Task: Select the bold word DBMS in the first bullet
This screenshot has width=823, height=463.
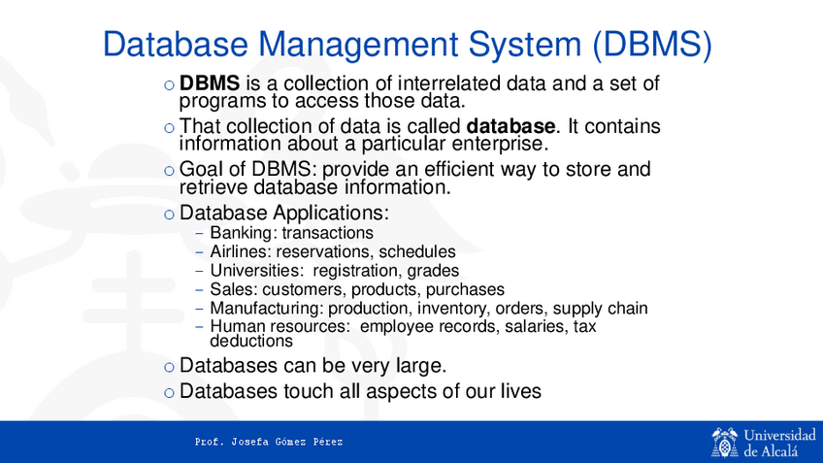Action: pyautogui.click(x=210, y=84)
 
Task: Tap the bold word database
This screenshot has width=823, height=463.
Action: pyautogui.click(x=512, y=127)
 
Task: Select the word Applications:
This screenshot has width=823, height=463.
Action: pyautogui.click(x=328, y=213)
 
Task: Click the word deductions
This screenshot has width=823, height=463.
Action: pyautogui.click(x=251, y=342)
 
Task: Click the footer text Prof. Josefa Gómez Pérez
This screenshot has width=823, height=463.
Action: pyautogui.click(x=269, y=443)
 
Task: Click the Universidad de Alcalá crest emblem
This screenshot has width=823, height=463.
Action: pyautogui.click(x=724, y=441)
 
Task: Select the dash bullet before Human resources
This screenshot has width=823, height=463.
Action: pyautogui.click(x=199, y=328)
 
